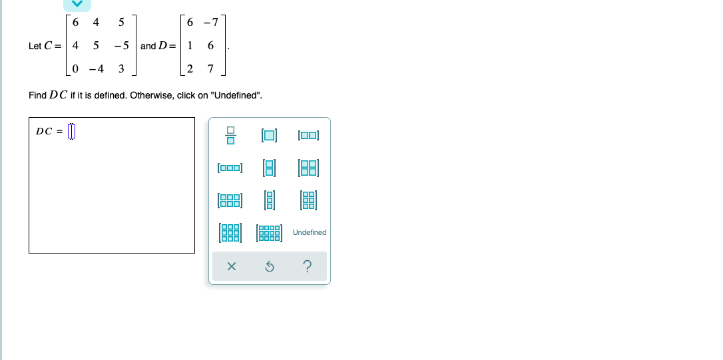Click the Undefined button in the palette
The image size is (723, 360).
[x=310, y=232]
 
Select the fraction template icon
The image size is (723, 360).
[x=230, y=136]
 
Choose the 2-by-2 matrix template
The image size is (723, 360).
[x=309, y=168]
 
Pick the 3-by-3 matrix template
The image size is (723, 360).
[x=230, y=232]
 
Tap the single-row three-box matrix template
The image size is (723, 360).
[x=230, y=168]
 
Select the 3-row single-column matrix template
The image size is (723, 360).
[x=270, y=200]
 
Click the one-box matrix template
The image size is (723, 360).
[x=270, y=136]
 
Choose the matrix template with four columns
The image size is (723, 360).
[x=270, y=232]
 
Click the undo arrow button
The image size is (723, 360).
[x=270, y=267]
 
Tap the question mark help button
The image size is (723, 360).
[x=307, y=267]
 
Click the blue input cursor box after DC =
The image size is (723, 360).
[x=73, y=131]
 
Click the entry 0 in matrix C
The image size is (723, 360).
[x=75, y=69]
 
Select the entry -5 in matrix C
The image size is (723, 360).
[x=120, y=46]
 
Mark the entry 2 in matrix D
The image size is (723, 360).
[x=190, y=69]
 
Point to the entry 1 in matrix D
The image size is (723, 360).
[x=190, y=46]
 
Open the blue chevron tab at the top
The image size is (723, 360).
[x=77, y=4]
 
